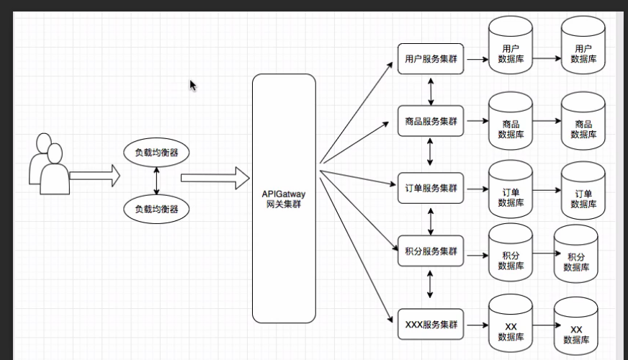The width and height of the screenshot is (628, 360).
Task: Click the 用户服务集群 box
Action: [431, 59]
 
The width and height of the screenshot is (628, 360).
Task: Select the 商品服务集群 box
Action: [431, 121]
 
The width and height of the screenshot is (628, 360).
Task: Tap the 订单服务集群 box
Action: [431, 188]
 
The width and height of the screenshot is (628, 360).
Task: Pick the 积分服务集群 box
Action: [431, 251]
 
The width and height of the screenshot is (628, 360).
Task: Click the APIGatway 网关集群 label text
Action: [284, 199]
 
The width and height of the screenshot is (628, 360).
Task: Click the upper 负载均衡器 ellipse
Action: [156, 153]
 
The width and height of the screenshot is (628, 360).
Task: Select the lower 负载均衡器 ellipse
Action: [156, 210]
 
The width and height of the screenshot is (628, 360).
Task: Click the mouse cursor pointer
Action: [192, 85]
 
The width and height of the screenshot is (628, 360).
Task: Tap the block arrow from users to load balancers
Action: [94, 174]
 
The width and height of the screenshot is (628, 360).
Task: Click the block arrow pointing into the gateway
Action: [214, 177]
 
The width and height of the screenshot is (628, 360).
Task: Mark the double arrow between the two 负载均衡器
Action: [156, 181]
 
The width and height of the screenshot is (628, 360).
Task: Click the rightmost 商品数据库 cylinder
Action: [583, 120]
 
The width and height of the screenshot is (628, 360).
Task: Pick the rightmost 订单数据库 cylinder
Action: [583, 190]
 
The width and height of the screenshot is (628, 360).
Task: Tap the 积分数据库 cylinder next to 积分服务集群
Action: [511, 253]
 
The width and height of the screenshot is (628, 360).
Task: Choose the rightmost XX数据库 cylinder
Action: [576, 325]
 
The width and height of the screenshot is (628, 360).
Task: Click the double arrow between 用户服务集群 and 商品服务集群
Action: [431, 90]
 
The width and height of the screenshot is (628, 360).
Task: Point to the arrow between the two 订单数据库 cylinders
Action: [547, 191]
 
